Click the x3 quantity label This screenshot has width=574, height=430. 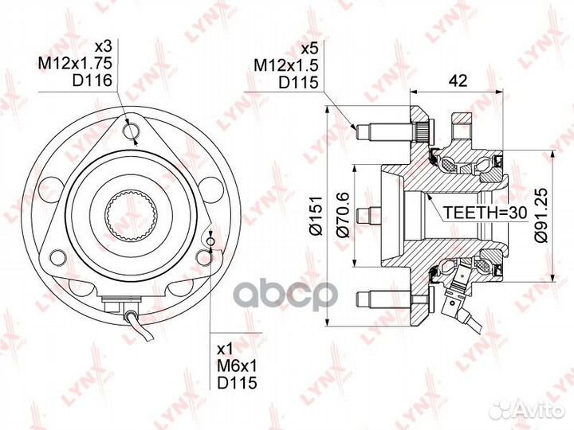tap(103, 46)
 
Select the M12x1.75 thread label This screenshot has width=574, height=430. tap(75, 63)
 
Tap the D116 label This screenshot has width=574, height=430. tap(92, 80)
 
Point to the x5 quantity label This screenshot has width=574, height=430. tap(309, 49)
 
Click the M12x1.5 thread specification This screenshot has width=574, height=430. tap(286, 65)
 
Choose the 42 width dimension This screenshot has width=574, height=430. tap(458, 80)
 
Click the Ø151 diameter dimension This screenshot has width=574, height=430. tap(316, 216)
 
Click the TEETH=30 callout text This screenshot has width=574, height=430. tap(485, 212)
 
